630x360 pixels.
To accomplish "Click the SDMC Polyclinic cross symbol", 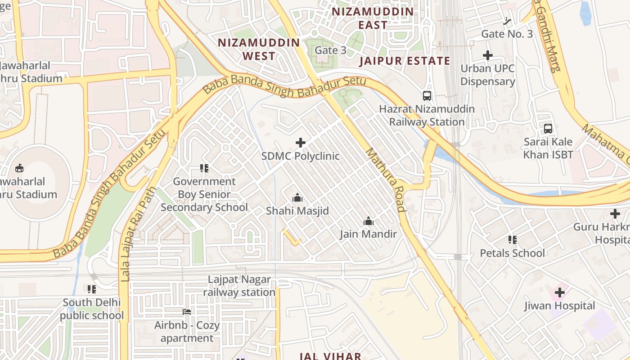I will point(301,143).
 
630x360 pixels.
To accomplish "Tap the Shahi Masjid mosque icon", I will point(297,198).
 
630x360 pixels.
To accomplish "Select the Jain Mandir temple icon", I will point(369,221).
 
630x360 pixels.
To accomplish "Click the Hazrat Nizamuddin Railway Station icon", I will point(427,96).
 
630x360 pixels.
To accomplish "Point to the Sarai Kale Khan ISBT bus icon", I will point(548,128).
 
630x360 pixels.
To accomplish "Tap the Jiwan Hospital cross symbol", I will point(559,293).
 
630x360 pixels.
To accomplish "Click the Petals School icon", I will point(512,240).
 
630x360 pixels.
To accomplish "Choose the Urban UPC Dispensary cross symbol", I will point(487,56).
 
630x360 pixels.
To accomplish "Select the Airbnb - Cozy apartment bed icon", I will point(187,312).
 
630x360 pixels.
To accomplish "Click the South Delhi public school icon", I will point(92,289).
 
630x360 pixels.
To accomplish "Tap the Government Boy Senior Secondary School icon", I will point(204,168).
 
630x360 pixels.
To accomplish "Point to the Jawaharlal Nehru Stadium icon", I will point(19,168).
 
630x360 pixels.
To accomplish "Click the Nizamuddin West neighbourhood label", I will point(259,49).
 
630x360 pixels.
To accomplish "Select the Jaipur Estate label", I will point(405,61).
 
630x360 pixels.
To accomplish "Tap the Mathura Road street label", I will point(385,180).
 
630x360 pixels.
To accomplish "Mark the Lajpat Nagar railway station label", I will point(239,286).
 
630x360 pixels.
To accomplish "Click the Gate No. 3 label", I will point(507,34).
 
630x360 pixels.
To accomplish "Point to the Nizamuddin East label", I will point(373,18).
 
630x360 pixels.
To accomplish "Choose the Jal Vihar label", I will point(330,356).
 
